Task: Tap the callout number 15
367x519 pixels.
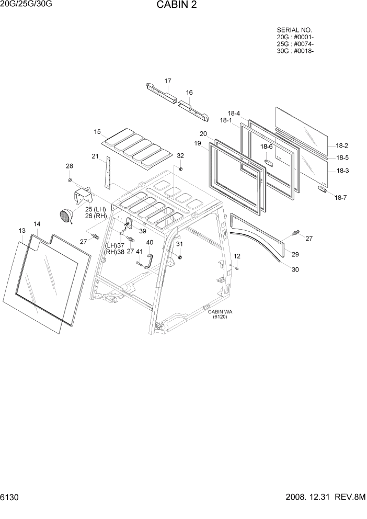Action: click(x=97, y=132)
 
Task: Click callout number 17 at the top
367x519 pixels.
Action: click(x=168, y=81)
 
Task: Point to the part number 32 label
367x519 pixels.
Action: click(x=180, y=156)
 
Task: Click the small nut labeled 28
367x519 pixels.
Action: click(x=70, y=180)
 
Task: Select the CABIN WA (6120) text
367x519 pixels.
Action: click(x=220, y=314)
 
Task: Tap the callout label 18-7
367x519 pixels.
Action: click(x=340, y=197)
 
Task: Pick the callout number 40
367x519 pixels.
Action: click(x=150, y=242)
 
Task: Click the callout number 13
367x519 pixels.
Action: click(x=22, y=231)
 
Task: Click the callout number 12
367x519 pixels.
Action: click(x=237, y=256)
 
